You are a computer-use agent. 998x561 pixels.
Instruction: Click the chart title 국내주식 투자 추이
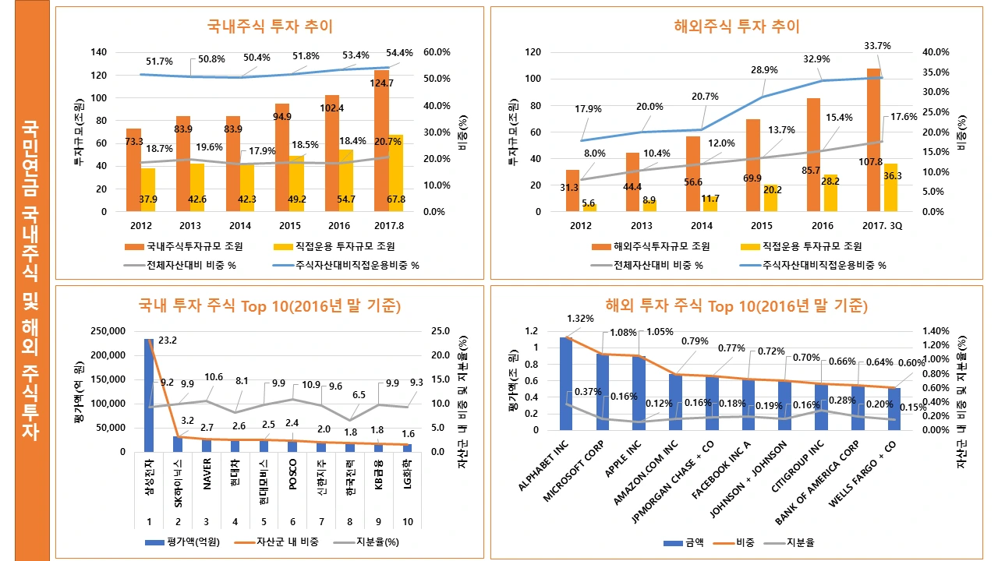tap(270, 26)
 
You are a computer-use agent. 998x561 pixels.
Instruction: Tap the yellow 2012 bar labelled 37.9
tap(147, 190)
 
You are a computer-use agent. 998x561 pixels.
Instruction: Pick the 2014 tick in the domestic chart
tap(239, 226)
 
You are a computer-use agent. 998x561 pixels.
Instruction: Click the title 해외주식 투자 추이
tap(737, 26)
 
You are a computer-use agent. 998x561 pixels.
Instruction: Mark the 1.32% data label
tap(580, 319)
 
